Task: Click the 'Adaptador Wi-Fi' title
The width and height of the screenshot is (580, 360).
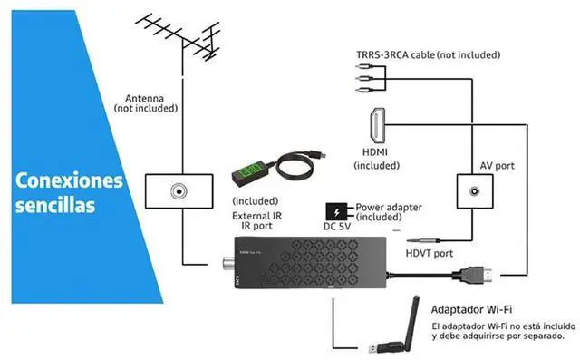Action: click(x=465, y=309)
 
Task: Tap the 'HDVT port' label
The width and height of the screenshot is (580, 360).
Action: click(x=429, y=253)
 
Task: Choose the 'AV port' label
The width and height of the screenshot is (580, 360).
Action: click(x=498, y=166)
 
